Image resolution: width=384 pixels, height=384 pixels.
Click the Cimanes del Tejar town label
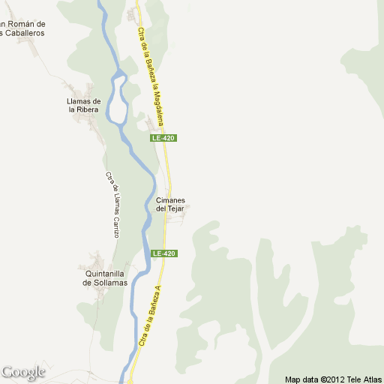[170, 204]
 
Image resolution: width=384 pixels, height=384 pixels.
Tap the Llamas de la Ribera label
[83, 105]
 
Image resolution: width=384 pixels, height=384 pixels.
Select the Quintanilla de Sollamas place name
[106, 278]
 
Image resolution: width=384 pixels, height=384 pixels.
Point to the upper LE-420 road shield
[163, 138]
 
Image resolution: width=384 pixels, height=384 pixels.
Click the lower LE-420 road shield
[164, 253]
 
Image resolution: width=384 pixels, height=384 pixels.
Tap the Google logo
[23, 372]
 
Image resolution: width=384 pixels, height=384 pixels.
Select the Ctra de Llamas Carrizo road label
[112, 205]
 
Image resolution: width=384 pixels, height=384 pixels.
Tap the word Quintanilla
[106, 274]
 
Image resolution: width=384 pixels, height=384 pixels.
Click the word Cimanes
[171, 200]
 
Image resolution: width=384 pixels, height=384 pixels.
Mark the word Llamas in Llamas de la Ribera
[79, 101]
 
